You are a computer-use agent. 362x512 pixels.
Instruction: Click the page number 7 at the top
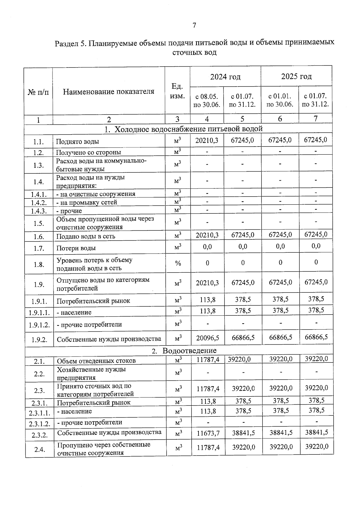click(194, 25)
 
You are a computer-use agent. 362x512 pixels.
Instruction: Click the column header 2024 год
click(225, 77)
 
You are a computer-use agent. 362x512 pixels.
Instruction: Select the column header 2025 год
click(296, 77)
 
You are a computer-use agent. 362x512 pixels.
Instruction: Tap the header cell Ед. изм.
click(177, 91)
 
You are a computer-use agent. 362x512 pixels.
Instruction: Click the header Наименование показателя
click(109, 92)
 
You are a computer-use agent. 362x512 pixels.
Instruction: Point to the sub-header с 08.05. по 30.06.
click(207, 100)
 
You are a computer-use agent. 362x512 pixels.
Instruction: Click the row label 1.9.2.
click(39, 340)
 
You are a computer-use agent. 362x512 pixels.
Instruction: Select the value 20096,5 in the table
click(208, 338)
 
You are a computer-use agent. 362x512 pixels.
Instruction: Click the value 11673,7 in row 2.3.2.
click(208, 433)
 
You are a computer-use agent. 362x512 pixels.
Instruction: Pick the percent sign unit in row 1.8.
click(178, 264)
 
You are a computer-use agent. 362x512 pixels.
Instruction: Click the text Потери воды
click(76, 248)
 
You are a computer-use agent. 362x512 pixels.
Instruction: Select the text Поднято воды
click(78, 142)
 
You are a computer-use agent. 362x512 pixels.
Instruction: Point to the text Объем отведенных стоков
click(96, 361)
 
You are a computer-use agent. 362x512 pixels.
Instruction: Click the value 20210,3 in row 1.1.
click(207, 141)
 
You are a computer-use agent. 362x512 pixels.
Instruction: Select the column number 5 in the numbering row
click(242, 119)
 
